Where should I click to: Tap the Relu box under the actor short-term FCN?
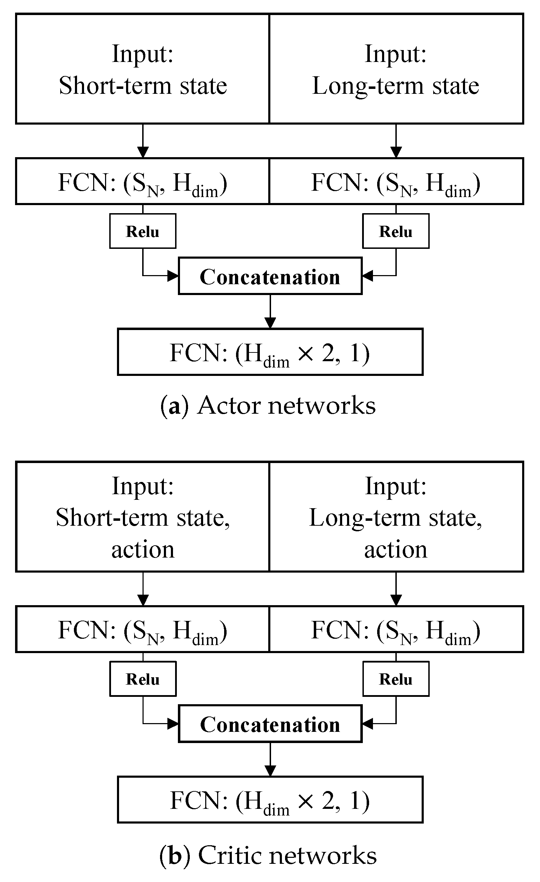(143, 231)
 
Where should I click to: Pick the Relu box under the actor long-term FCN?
(396, 231)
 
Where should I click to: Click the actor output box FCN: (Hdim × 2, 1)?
(270, 352)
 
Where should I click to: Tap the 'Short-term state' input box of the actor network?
(143, 69)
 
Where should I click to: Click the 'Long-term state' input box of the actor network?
(396, 69)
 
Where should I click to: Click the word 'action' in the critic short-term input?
(143, 549)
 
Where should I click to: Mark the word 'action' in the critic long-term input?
(396, 549)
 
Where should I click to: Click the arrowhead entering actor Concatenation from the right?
(367, 276)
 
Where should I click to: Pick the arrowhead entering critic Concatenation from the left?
(173, 723)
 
